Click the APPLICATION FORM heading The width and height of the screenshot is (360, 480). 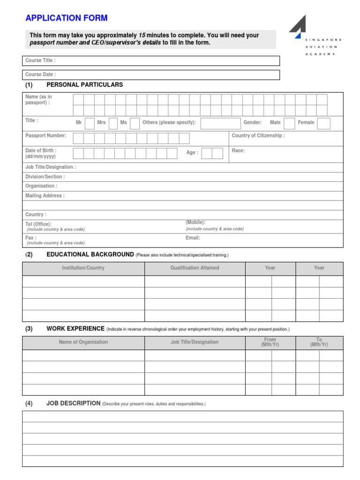[x=66, y=18]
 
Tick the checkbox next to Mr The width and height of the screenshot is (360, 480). [x=90, y=123]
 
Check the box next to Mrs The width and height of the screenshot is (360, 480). [x=113, y=123]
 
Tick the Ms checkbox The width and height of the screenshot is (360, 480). [x=134, y=123]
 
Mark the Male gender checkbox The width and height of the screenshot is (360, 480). [x=290, y=123]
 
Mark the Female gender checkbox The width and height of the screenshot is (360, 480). [x=324, y=123]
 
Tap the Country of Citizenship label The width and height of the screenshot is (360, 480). [x=258, y=136]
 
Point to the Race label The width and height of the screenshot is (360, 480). [x=238, y=151]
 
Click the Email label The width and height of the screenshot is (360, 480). [x=193, y=238]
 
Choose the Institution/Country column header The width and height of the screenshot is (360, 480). [x=83, y=268]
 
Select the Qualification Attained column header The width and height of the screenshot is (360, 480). [x=195, y=268]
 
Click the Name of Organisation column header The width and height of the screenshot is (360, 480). [x=83, y=342]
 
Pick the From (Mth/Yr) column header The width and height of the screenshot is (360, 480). [x=270, y=342]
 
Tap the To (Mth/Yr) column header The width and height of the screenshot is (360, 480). [x=319, y=342]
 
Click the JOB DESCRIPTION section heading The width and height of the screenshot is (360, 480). [x=73, y=403]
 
